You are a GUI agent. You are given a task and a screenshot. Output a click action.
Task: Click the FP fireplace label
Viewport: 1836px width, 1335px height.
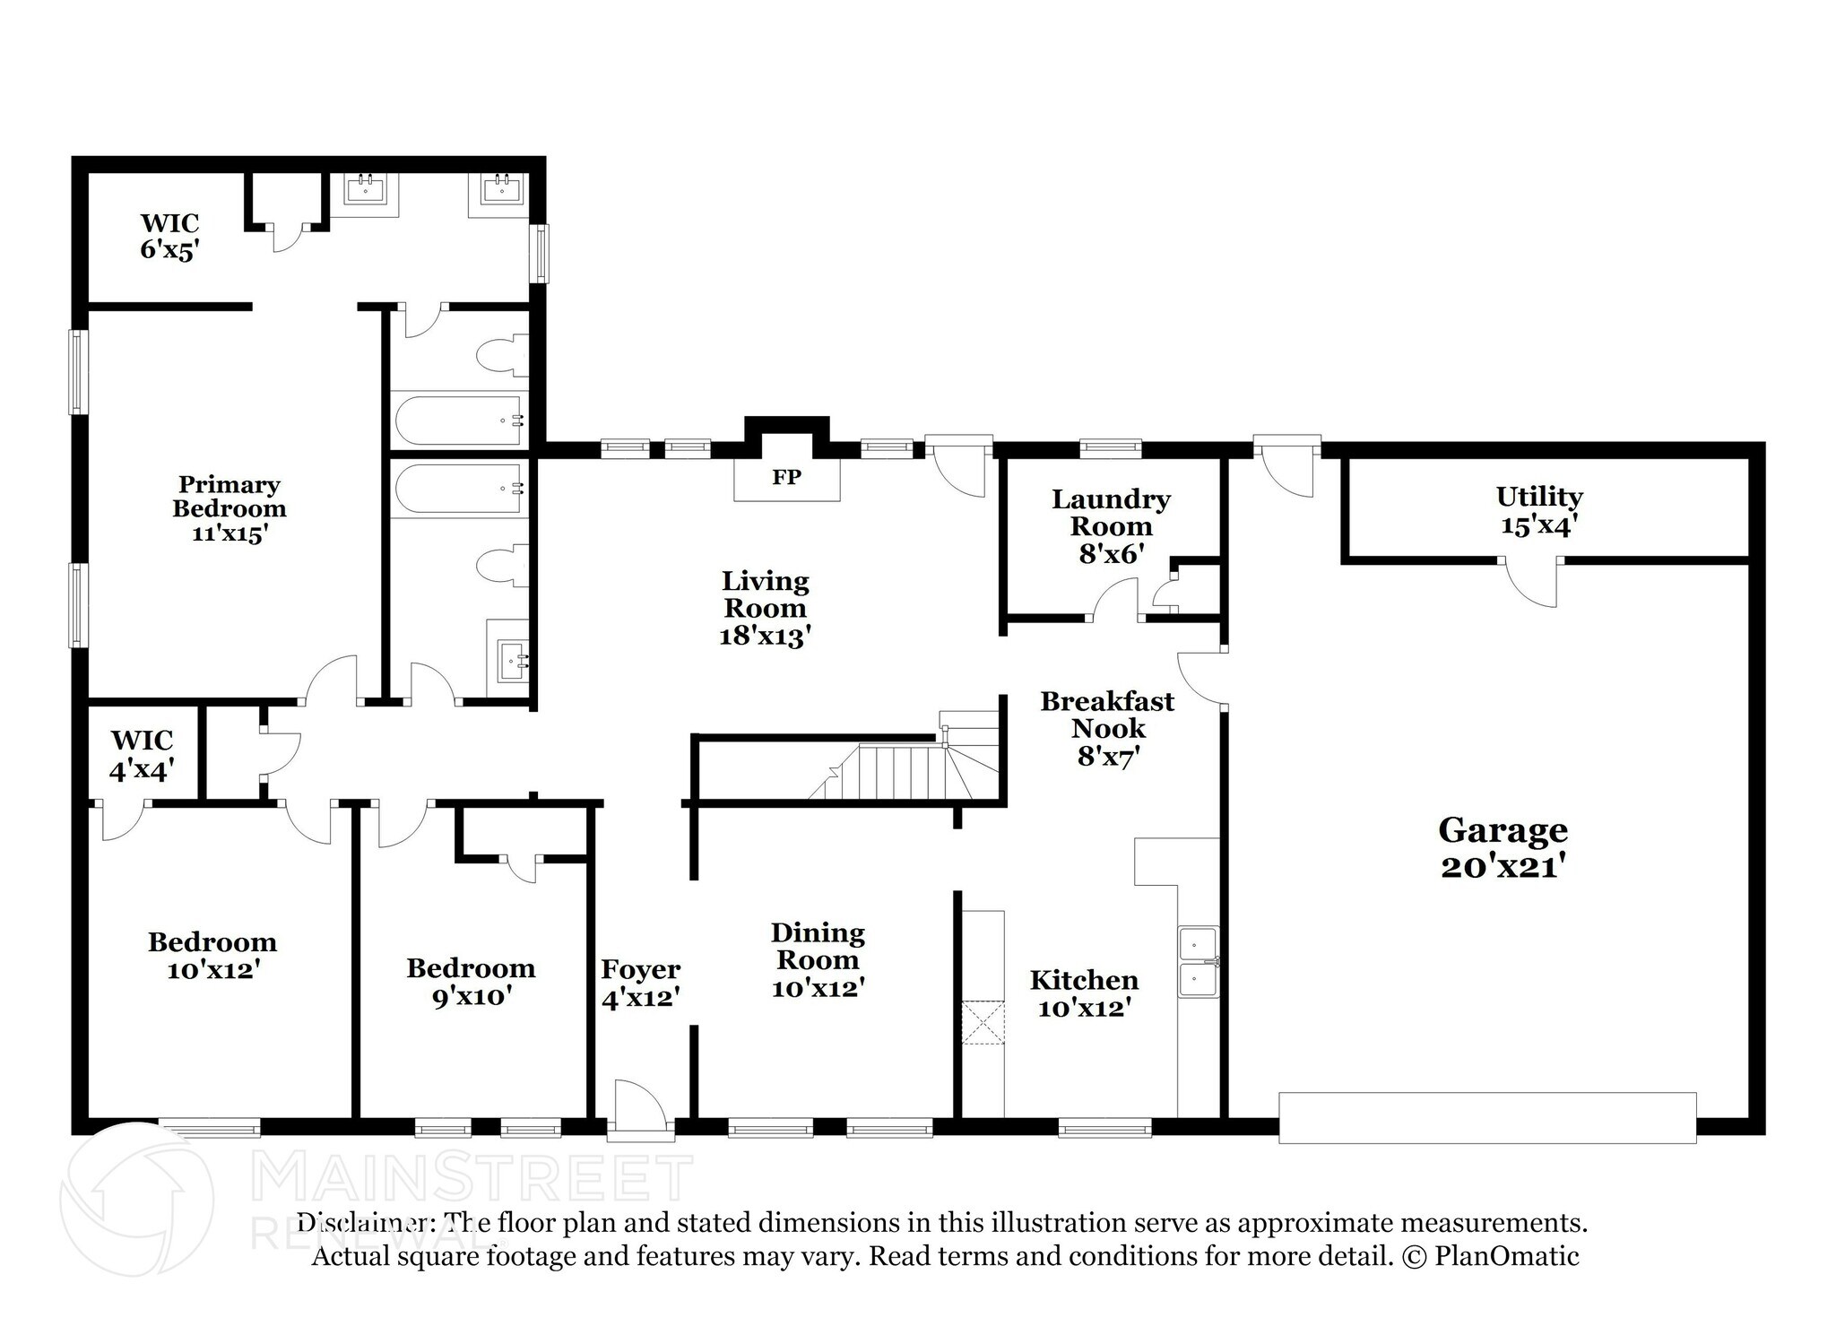(786, 477)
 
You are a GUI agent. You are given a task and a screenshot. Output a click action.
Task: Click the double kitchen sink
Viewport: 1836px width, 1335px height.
(1198, 962)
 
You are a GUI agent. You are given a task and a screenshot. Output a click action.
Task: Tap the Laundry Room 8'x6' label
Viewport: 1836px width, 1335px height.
(1111, 525)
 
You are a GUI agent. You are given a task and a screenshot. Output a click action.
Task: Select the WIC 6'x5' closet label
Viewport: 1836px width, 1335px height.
(169, 236)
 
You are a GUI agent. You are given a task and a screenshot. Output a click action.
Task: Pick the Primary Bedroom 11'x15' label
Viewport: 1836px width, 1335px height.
(229, 508)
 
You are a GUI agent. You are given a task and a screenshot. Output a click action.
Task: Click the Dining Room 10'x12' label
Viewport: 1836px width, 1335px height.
(818, 959)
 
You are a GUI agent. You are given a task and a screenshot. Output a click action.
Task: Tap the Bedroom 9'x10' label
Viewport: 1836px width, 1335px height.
(471, 981)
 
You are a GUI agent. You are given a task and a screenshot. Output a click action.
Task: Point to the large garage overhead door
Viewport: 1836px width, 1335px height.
(1486, 1117)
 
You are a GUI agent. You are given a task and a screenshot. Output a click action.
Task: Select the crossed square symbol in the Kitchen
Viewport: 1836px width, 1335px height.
(983, 1022)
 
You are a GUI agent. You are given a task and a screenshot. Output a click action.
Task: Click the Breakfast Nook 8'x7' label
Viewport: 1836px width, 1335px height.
(1107, 728)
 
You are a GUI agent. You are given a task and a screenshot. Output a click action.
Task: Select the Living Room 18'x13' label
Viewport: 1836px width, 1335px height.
(765, 608)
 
